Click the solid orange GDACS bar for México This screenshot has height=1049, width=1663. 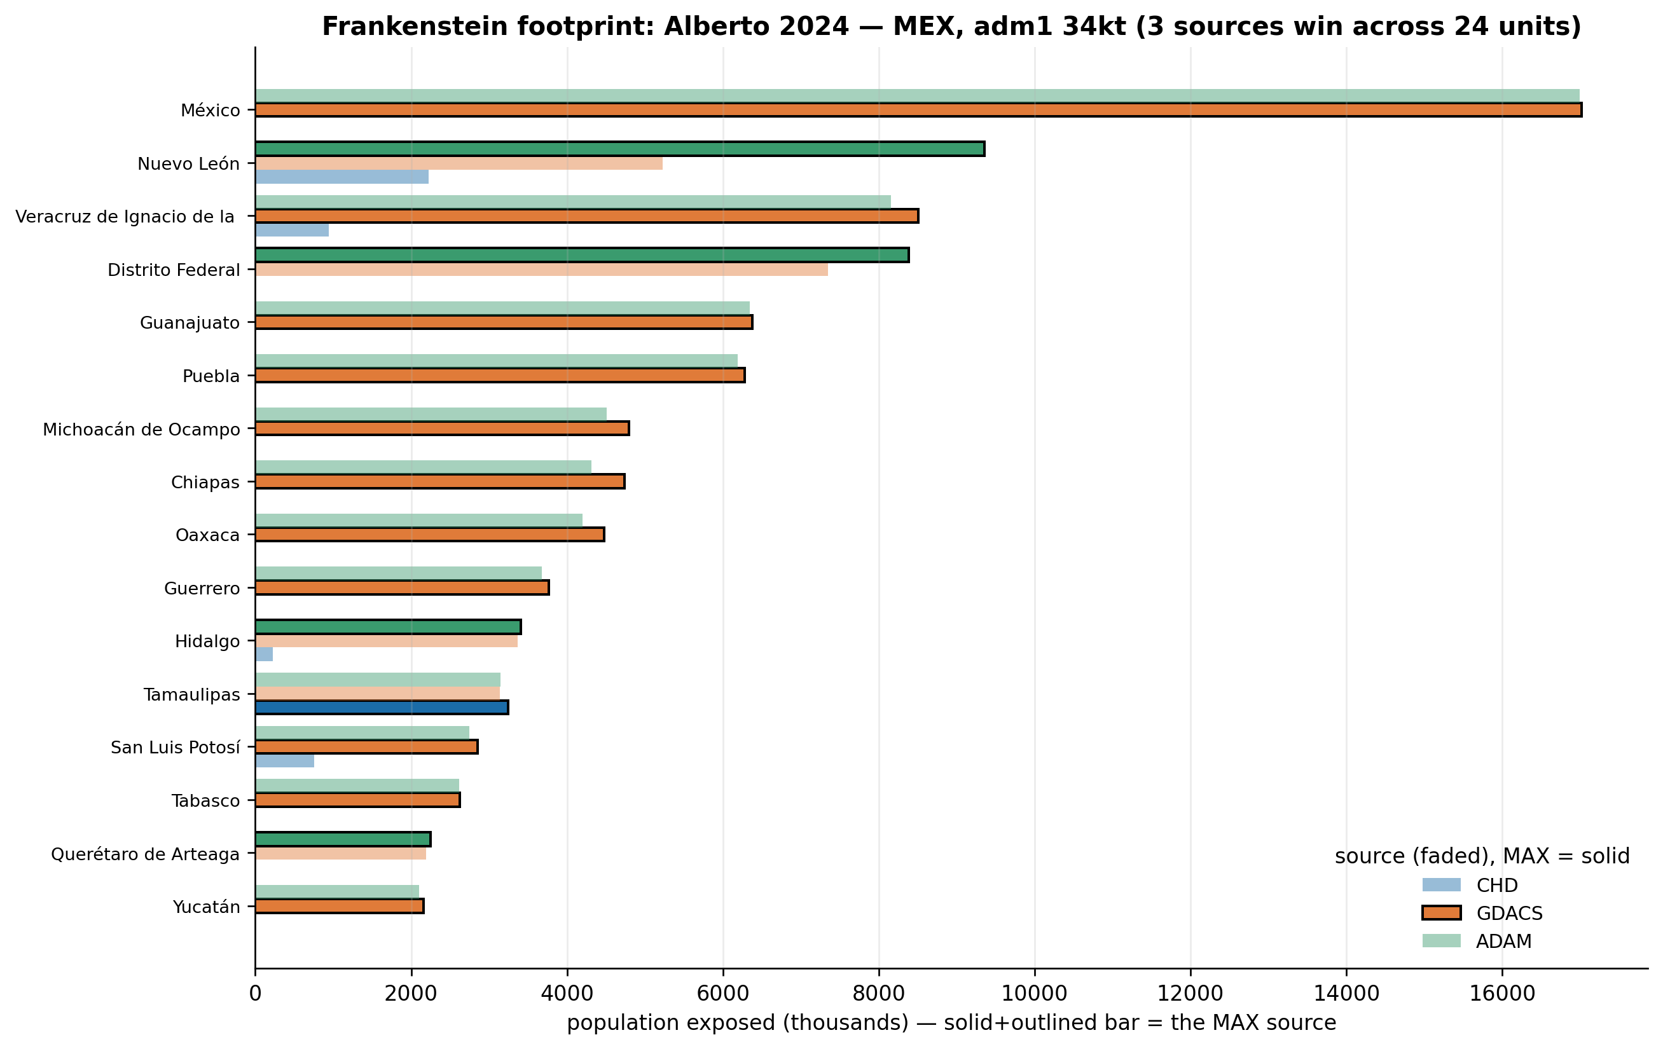pyautogui.click(x=918, y=110)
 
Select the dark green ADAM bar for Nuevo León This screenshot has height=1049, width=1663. pyautogui.click(x=619, y=149)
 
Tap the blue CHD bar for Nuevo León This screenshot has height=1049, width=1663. pyautogui.click(x=342, y=177)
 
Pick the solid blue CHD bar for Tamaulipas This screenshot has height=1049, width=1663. pyautogui.click(x=382, y=707)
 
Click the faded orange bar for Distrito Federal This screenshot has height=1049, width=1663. pyautogui.click(x=541, y=270)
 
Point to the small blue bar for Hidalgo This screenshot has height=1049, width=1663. pyautogui.click(x=264, y=655)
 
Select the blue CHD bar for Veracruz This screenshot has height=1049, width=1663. pyautogui.click(x=292, y=230)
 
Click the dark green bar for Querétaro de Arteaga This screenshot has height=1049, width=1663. pyautogui.click(x=343, y=839)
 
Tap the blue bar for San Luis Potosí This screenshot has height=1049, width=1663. pyautogui.click(x=284, y=761)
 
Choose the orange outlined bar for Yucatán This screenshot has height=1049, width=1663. pyautogui.click(x=339, y=906)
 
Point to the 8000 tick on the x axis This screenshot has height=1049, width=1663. pyautogui.click(x=879, y=969)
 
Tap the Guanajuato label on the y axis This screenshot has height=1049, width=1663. pyautogui.click(x=190, y=322)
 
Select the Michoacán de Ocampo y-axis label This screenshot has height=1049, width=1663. pyautogui.click(x=142, y=430)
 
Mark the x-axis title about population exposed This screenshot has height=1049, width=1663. pyautogui.click(x=951, y=1023)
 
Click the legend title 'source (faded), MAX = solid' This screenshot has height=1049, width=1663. pyautogui.click(x=1482, y=856)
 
